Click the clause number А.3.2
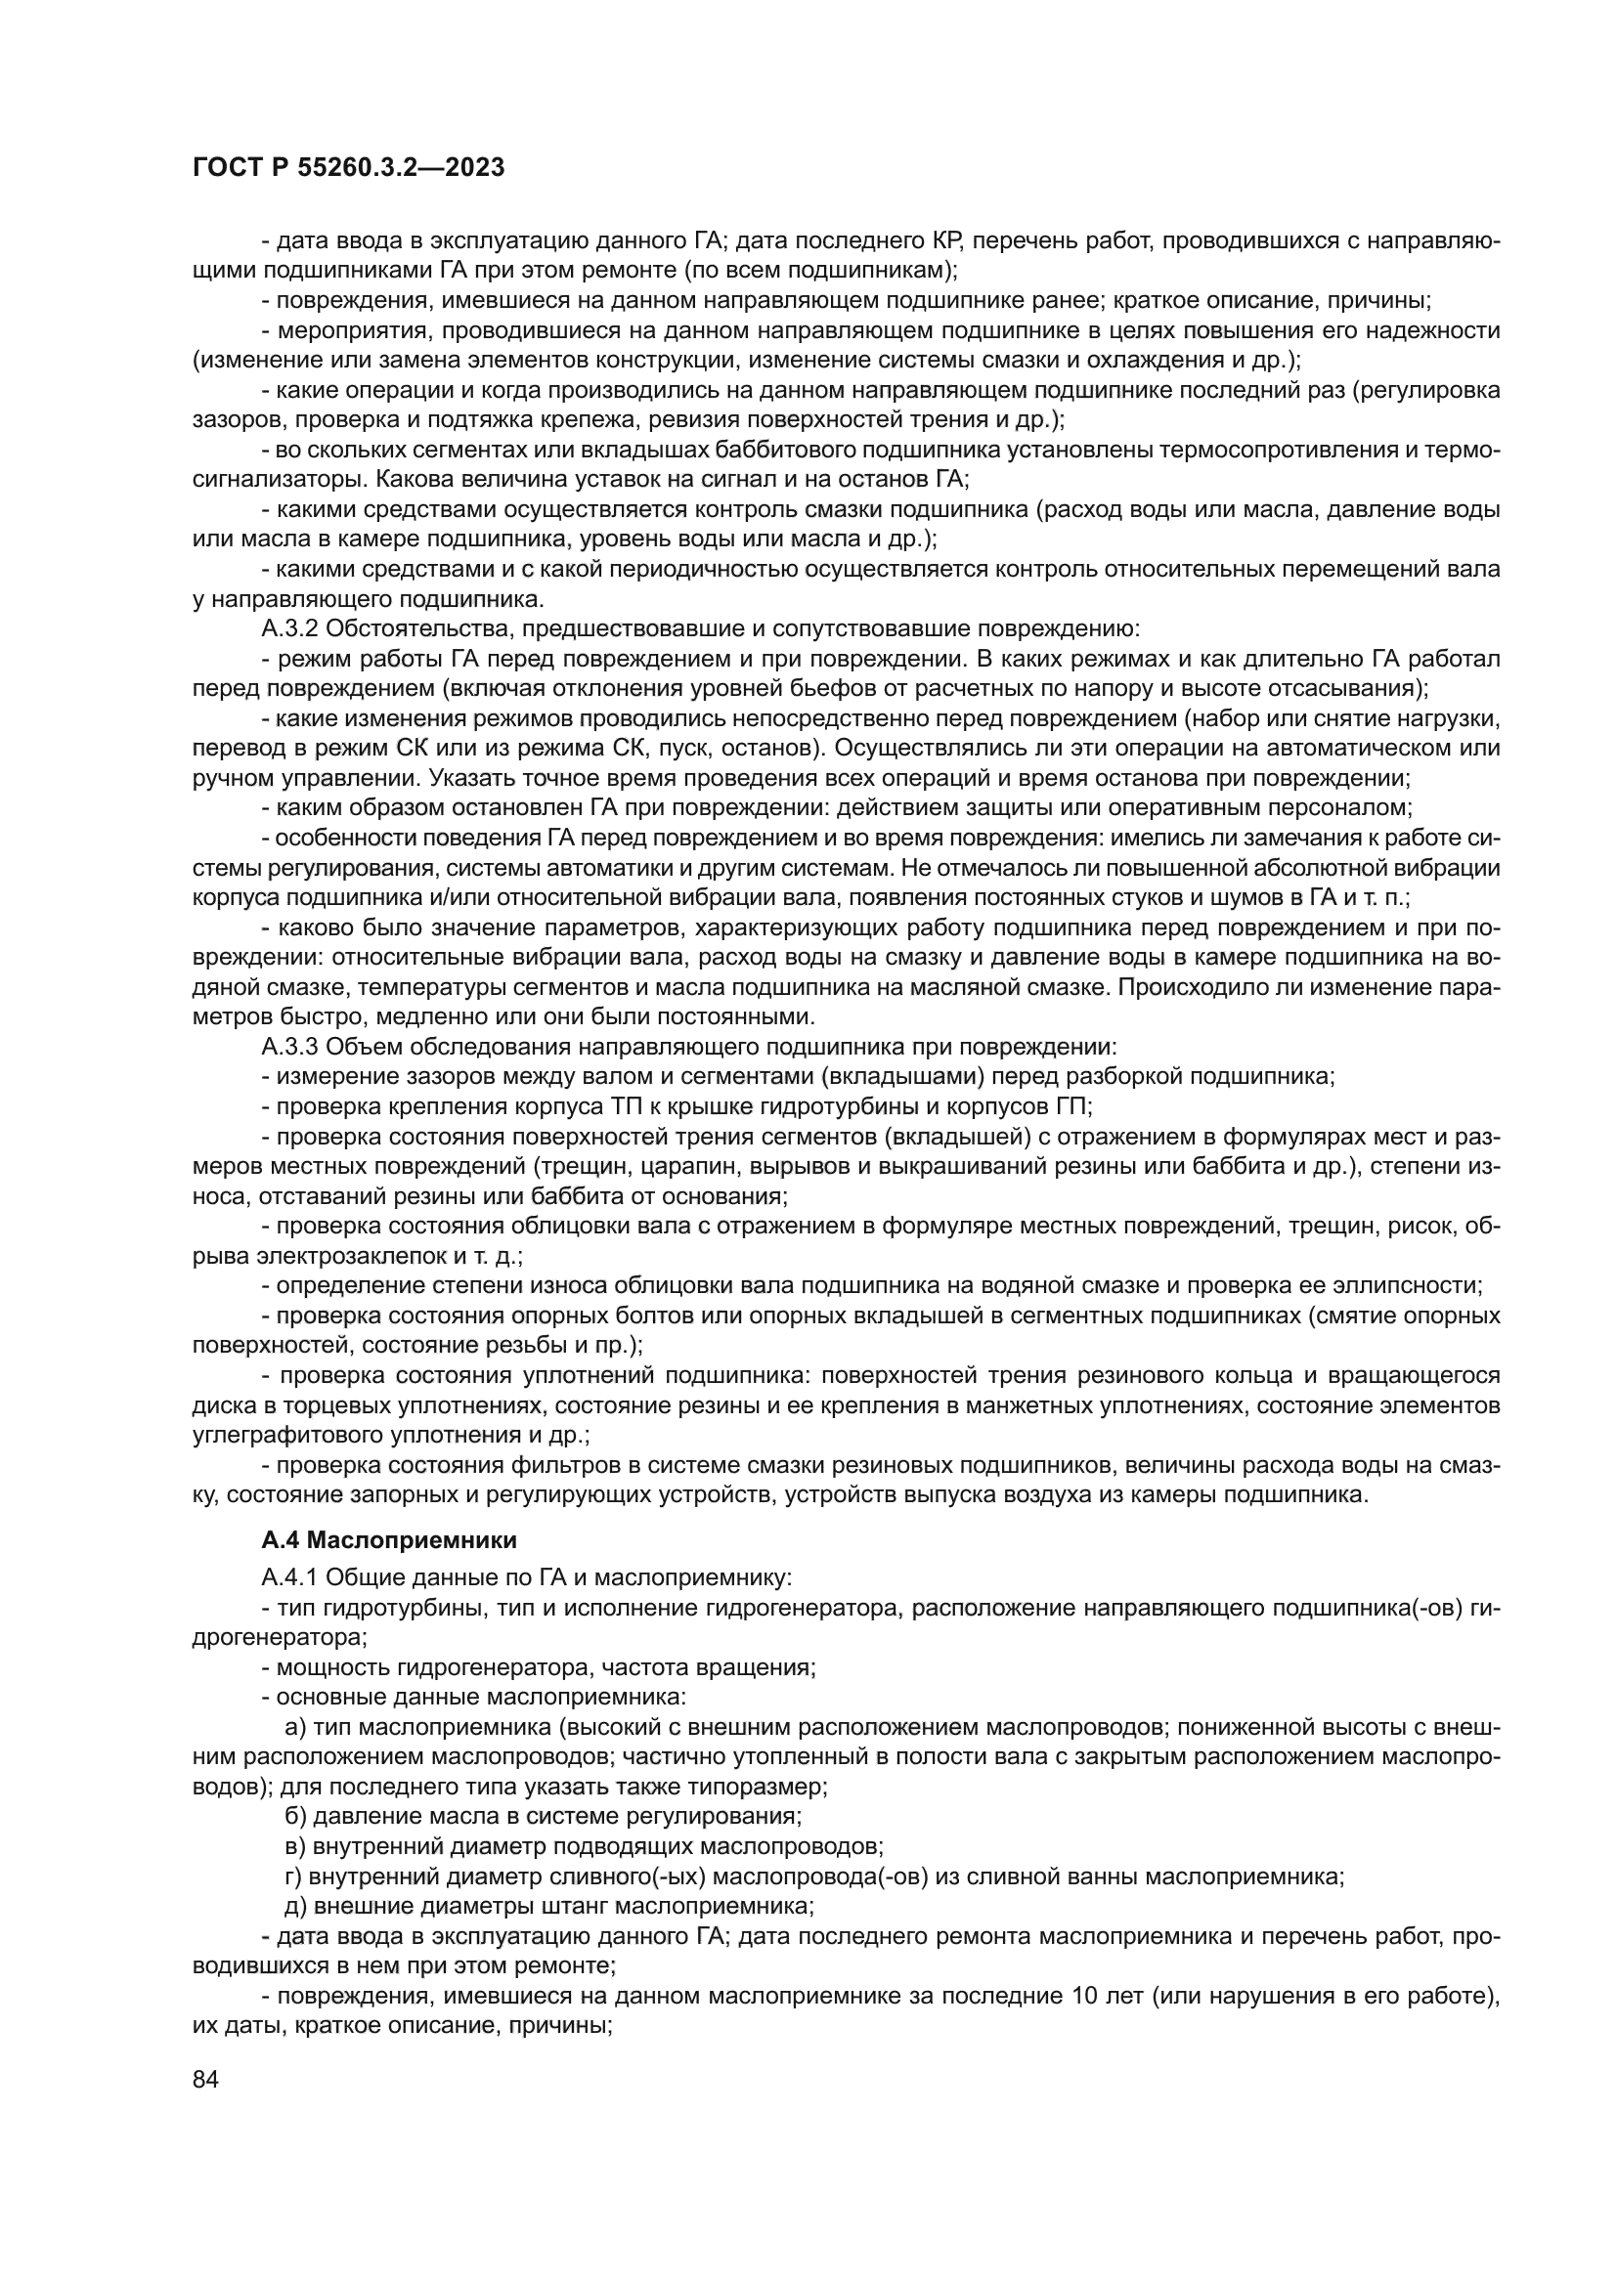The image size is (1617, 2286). [x=289, y=628]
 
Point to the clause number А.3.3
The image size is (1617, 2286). [x=289, y=1047]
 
